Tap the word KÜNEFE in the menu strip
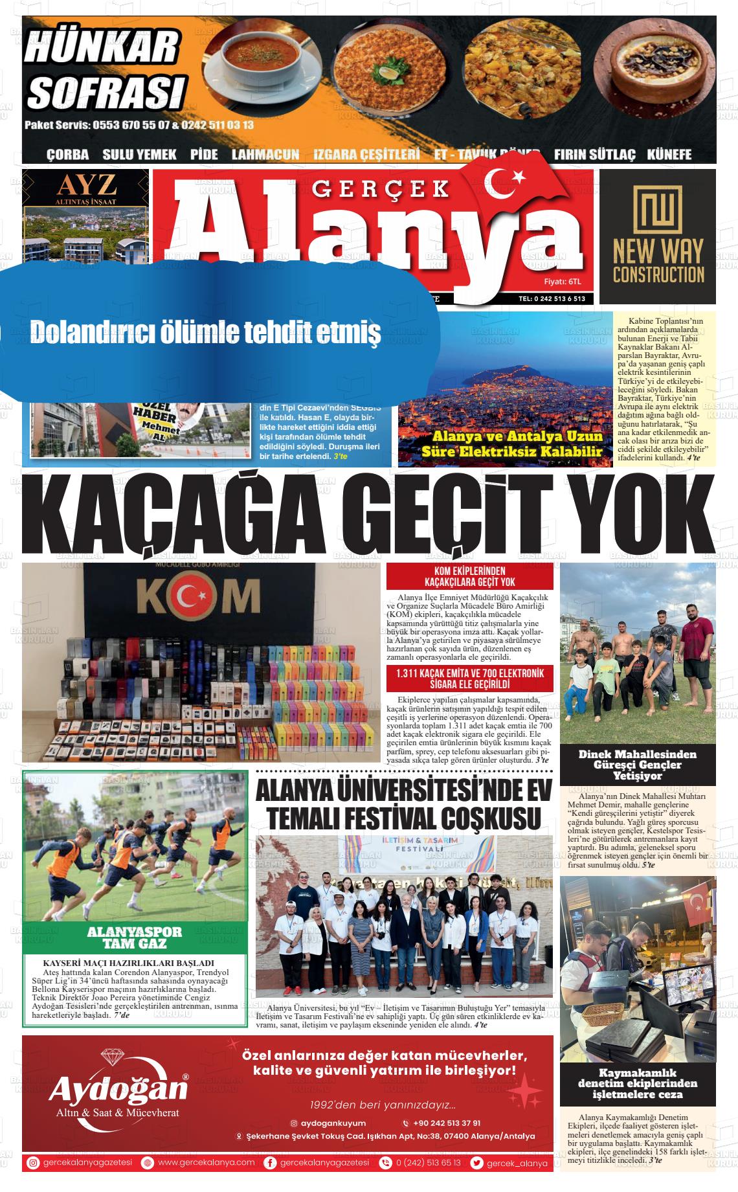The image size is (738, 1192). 669,155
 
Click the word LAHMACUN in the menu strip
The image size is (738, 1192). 265,155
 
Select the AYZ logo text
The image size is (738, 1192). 87,186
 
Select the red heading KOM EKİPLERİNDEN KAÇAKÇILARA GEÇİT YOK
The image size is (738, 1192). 469,576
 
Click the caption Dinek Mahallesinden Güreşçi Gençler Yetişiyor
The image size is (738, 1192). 637,765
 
